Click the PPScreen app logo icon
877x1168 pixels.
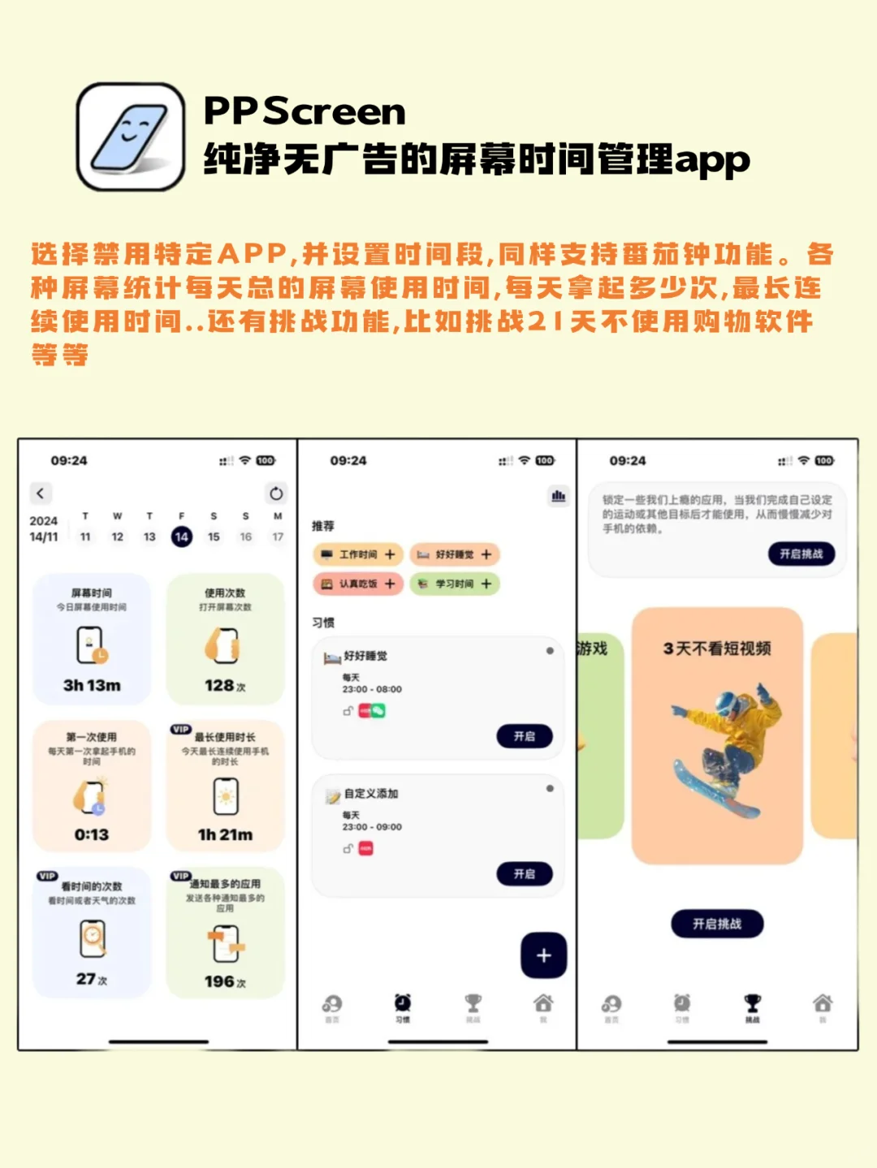tap(131, 136)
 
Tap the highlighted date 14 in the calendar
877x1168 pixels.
tap(181, 537)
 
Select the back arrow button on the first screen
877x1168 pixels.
tap(41, 493)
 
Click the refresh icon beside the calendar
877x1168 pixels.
tap(276, 493)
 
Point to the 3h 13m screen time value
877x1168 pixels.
tap(92, 686)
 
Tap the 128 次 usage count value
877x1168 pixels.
tap(225, 686)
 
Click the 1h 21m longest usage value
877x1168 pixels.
tap(225, 834)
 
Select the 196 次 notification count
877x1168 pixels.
tap(225, 982)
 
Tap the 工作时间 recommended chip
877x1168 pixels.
tap(358, 554)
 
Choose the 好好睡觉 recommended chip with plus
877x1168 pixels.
tap(455, 554)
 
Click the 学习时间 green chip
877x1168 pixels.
tap(455, 584)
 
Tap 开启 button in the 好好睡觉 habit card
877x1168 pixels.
tap(525, 736)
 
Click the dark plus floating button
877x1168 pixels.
tap(543, 955)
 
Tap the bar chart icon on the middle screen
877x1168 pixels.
tap(559, 496)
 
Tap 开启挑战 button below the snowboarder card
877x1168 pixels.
tap(717, 924)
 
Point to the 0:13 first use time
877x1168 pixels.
tap(92, 834)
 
